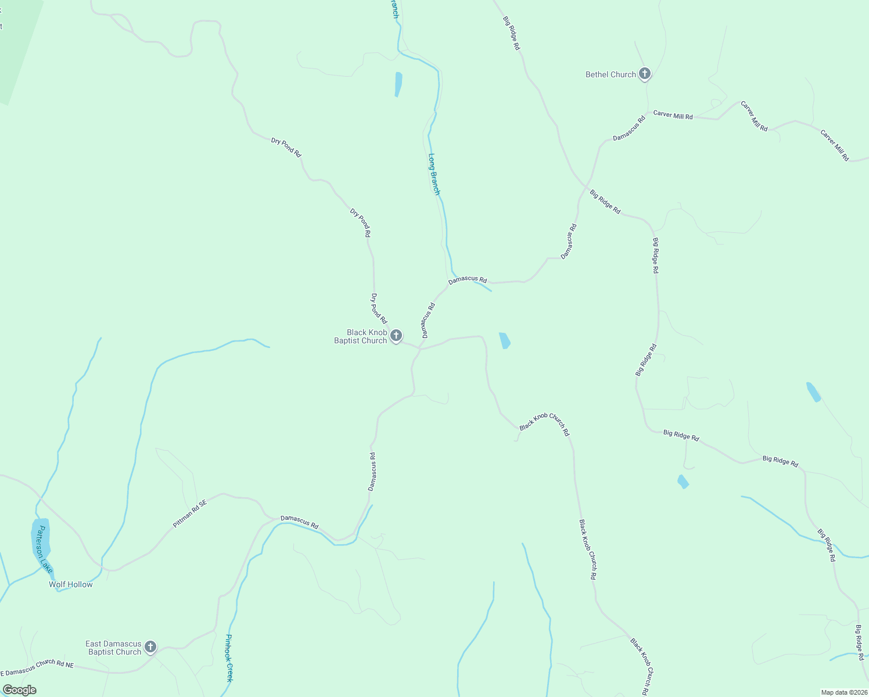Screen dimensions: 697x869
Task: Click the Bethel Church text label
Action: [611, 74]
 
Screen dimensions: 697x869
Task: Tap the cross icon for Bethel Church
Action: [644, 74]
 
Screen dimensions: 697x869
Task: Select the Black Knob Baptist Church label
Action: [360, 337]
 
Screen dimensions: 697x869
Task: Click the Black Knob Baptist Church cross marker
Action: [396, 336]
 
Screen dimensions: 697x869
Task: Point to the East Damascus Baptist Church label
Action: [114, 648]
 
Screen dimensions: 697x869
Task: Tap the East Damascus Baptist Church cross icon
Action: [150, 646]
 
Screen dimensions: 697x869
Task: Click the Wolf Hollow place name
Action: [71, 584]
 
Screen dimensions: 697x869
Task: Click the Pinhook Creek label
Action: [229, 658]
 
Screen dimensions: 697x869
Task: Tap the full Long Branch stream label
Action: [434, 174]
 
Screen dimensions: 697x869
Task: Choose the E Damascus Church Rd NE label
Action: [37, 667]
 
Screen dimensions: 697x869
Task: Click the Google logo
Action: [19, 690]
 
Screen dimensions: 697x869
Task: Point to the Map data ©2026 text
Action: [843, 692]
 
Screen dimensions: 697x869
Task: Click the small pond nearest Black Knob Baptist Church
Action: [504, 340]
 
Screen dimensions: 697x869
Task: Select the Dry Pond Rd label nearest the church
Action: [379, 308]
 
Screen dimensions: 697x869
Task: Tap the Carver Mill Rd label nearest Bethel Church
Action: [673, 115]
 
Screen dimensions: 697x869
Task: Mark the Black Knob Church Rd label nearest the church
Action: [544, 424]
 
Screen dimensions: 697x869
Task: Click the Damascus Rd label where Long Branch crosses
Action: [468, 280]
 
